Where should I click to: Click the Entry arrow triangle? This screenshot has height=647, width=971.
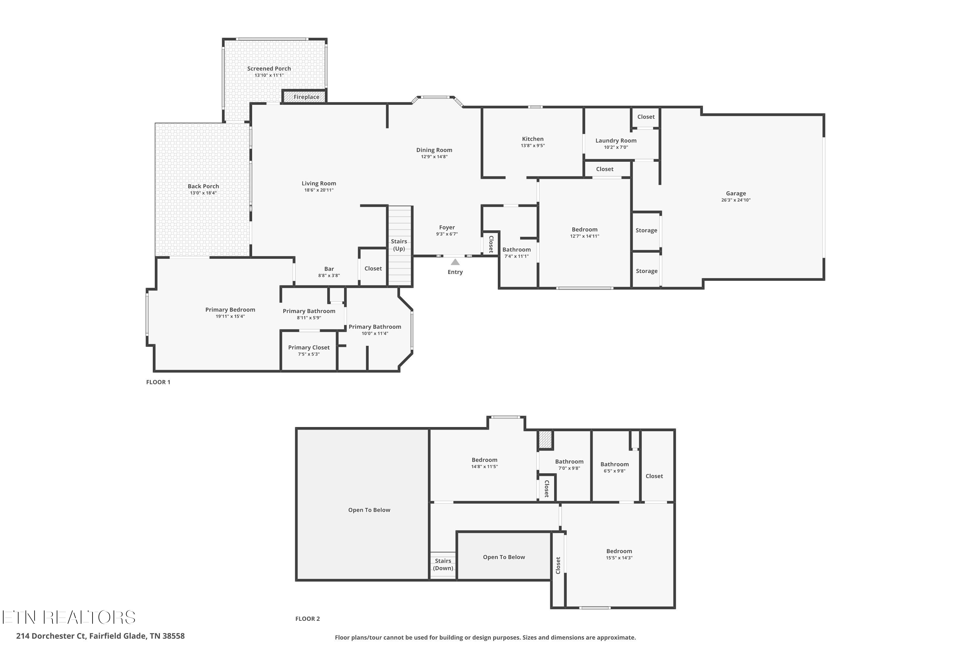(455, 262)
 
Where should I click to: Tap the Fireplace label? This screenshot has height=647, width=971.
(306, 97)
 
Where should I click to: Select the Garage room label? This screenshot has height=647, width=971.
(736, 193)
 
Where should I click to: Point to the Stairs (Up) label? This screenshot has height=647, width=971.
(399, 245)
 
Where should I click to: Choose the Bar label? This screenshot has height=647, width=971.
(329, 269)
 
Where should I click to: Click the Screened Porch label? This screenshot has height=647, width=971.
(269, 69)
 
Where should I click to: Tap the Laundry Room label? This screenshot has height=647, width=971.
(616, 140)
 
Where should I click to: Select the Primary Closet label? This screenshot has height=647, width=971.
(309, 347)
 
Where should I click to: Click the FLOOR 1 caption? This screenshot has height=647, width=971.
(158, 382)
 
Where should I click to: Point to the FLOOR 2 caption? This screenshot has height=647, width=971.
(307, 619)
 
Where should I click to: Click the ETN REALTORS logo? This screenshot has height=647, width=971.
(69, 617)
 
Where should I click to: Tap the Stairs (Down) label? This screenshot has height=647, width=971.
(443, 565)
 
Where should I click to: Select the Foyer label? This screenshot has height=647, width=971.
(447, 227)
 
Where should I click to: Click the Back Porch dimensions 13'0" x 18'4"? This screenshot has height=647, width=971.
(203, 193)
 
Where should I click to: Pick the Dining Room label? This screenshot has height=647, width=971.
(434, 150)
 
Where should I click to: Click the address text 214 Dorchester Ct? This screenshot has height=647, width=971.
(51, 636)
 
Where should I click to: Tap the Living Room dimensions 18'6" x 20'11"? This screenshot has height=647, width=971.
(319, 190)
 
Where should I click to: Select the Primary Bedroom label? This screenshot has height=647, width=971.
(230, 310)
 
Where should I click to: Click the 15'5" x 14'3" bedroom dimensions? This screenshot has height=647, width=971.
(619, 558)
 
